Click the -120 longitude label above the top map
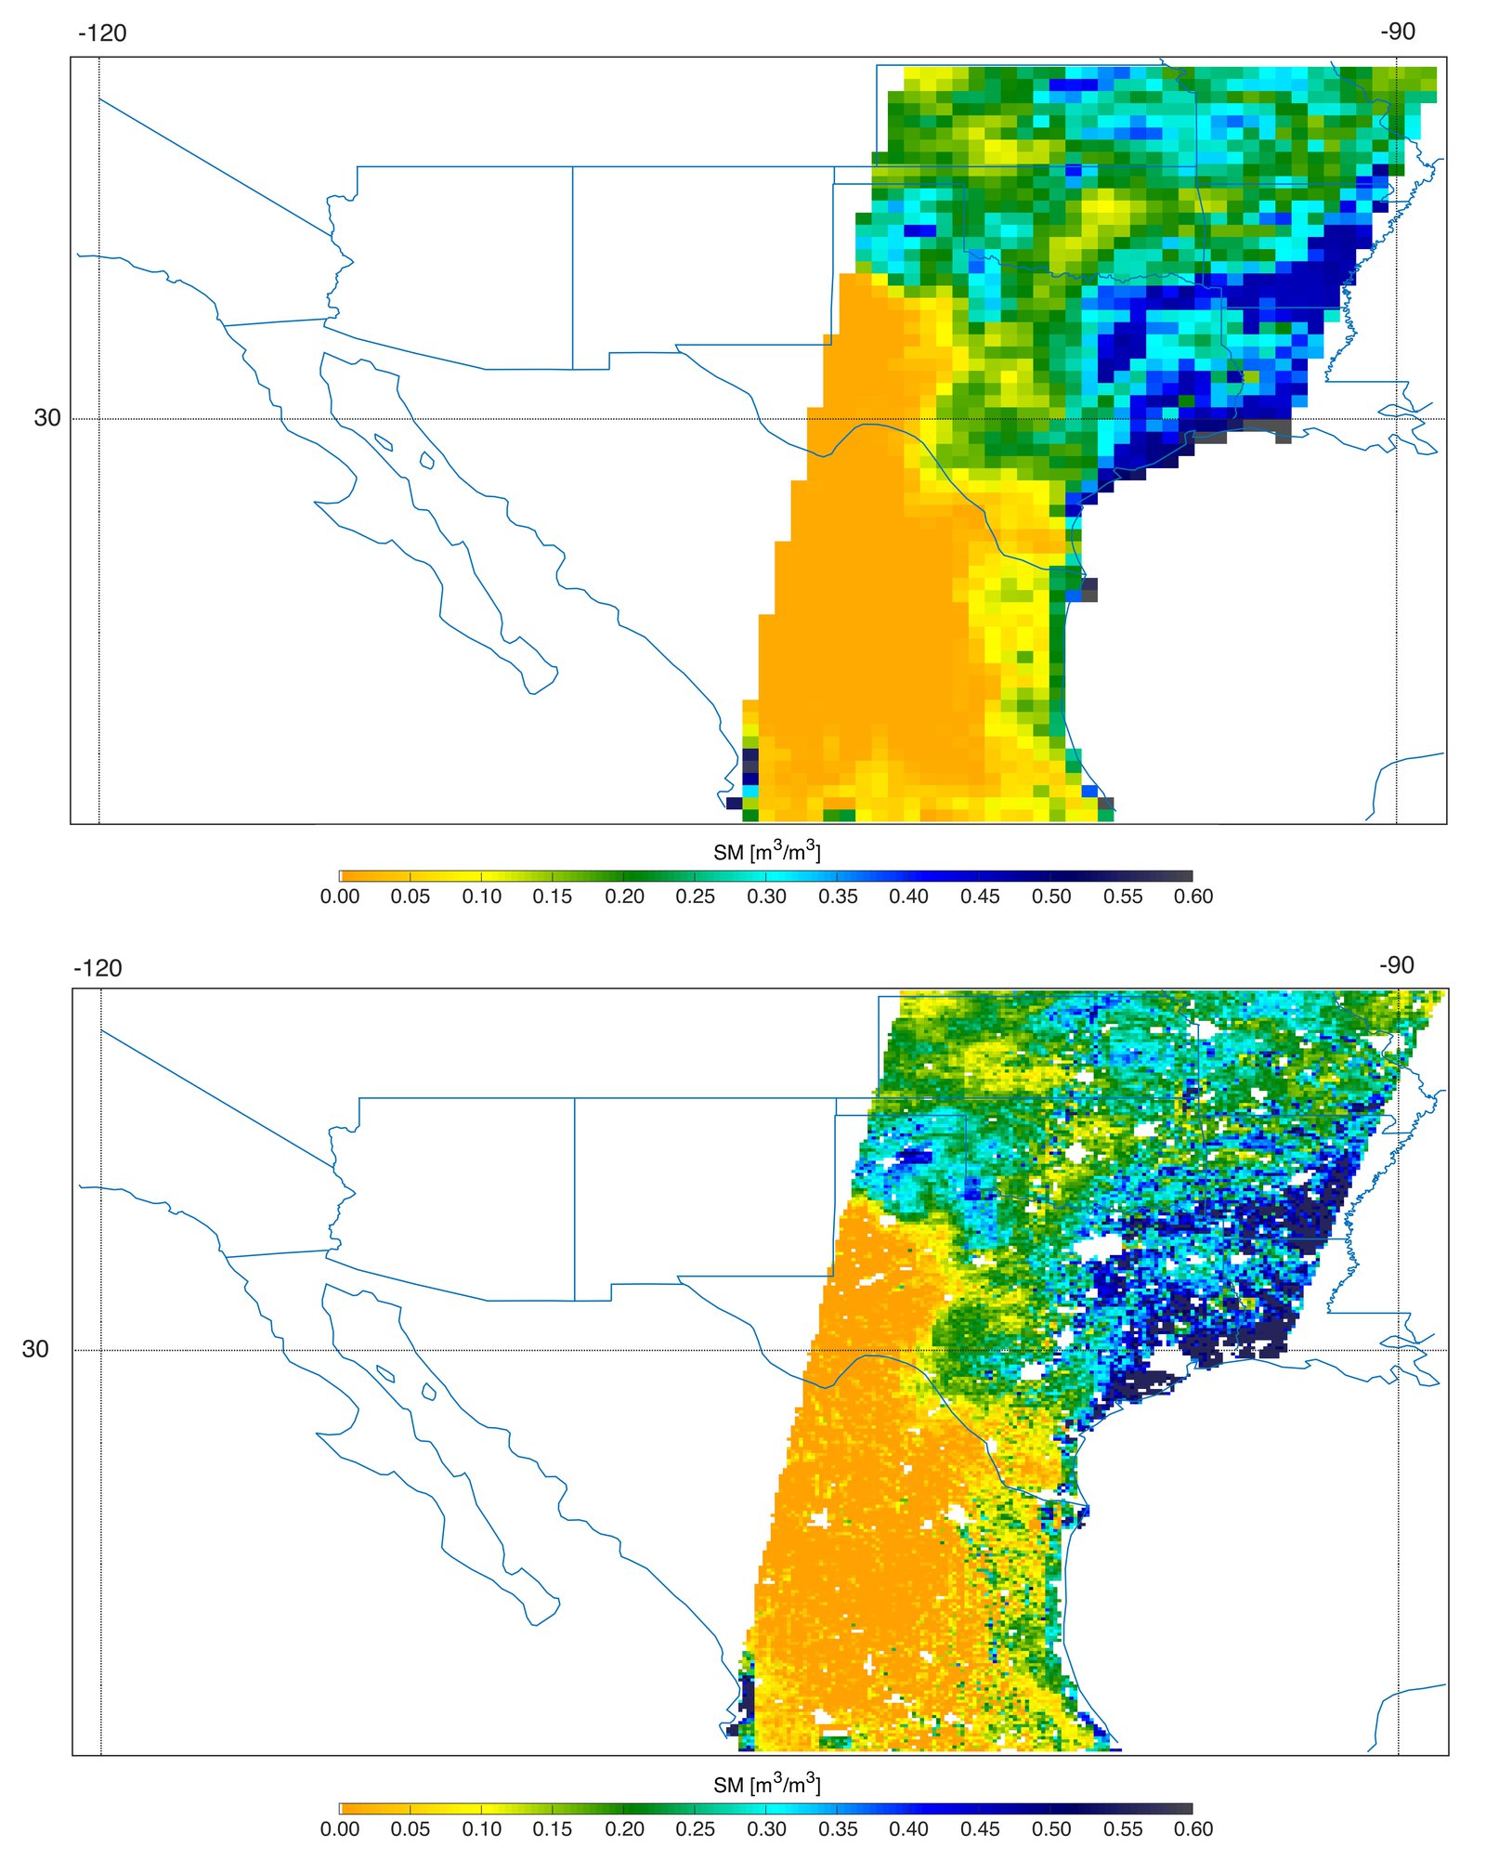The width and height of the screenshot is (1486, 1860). (x=102, y=33)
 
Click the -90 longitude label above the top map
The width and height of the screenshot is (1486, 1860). (x=1397, y=32)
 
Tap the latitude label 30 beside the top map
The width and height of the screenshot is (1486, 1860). (x=46, y=418)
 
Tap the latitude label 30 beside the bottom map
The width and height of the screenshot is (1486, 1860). (x=35, y=1349)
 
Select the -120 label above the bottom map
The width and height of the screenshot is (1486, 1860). (x=98, y=968)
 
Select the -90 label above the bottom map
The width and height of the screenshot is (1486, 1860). (x=1396, y=964)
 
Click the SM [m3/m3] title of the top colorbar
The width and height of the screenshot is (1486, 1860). (x=766, y=851)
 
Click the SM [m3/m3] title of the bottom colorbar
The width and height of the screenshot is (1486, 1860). (x=766, y=1784)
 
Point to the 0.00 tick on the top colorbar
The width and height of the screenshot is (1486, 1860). (x=340, y=897)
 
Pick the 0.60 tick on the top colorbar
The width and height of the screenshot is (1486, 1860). (x=1193, y=897)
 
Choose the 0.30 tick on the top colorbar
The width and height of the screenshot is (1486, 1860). (x=766, y=897)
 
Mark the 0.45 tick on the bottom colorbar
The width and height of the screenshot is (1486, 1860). (x=980, y=1828)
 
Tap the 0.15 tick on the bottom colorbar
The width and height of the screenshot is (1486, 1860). (x=553, y=1828)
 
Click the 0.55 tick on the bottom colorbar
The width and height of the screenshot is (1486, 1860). (x=1123, y=1828)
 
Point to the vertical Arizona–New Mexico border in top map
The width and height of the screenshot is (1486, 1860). (x=572, y=269)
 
